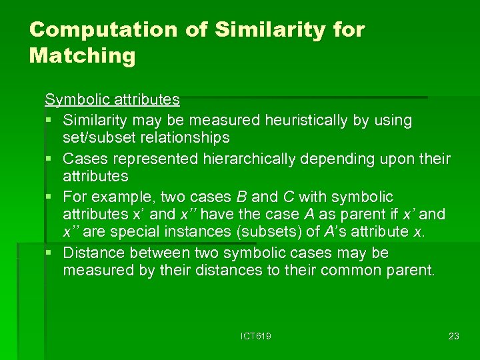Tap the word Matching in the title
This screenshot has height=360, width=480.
(82, 56)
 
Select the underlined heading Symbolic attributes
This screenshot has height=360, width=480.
(112, 100)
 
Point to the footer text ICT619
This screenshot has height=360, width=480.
(255, 336)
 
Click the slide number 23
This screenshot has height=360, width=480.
(453, 336)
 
